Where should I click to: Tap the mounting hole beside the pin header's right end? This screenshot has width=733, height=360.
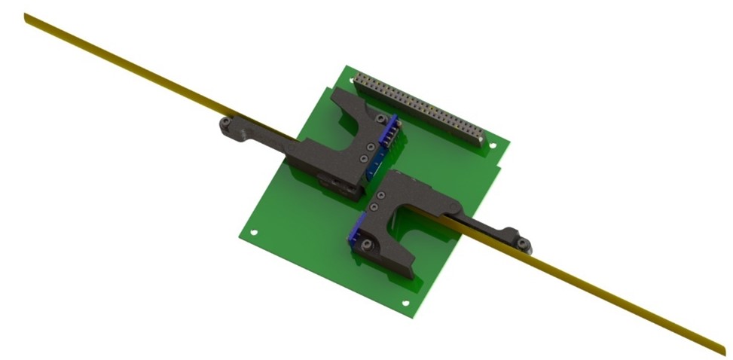pos(493,146)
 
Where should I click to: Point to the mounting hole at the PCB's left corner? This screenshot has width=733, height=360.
pos(253,233)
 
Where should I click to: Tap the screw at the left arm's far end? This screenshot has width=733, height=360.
pos(224,122)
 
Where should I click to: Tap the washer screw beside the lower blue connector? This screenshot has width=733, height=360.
pos(366,245)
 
